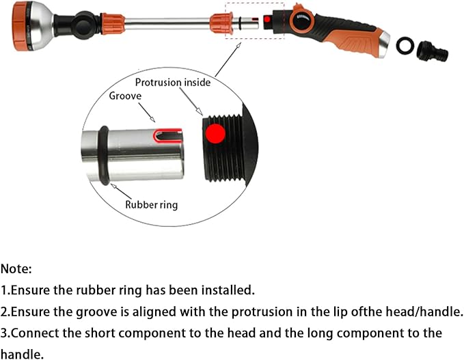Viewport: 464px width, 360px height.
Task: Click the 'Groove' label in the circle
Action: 125,96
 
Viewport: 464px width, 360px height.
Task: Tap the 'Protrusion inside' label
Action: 173,82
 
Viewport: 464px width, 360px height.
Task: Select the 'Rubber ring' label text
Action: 151,205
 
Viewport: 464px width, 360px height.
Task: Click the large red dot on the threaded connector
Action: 215,134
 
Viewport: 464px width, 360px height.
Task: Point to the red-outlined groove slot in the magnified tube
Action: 167,135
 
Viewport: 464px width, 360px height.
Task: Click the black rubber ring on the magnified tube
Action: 103,155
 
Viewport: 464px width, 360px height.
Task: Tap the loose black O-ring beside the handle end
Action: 405,46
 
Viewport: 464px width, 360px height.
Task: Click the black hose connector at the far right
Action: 432,51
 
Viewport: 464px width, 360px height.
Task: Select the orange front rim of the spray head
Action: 20,26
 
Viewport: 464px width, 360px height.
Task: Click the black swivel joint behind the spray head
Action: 84,25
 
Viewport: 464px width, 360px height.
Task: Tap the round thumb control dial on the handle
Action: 302,19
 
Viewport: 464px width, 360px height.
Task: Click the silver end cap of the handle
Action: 385,44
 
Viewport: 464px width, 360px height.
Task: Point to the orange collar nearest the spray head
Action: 113,24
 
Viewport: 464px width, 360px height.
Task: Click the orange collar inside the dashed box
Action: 221,23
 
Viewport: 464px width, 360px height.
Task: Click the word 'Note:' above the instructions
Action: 16,269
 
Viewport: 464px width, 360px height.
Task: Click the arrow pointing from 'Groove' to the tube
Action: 147,113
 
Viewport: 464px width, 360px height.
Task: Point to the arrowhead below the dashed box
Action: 238,44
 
